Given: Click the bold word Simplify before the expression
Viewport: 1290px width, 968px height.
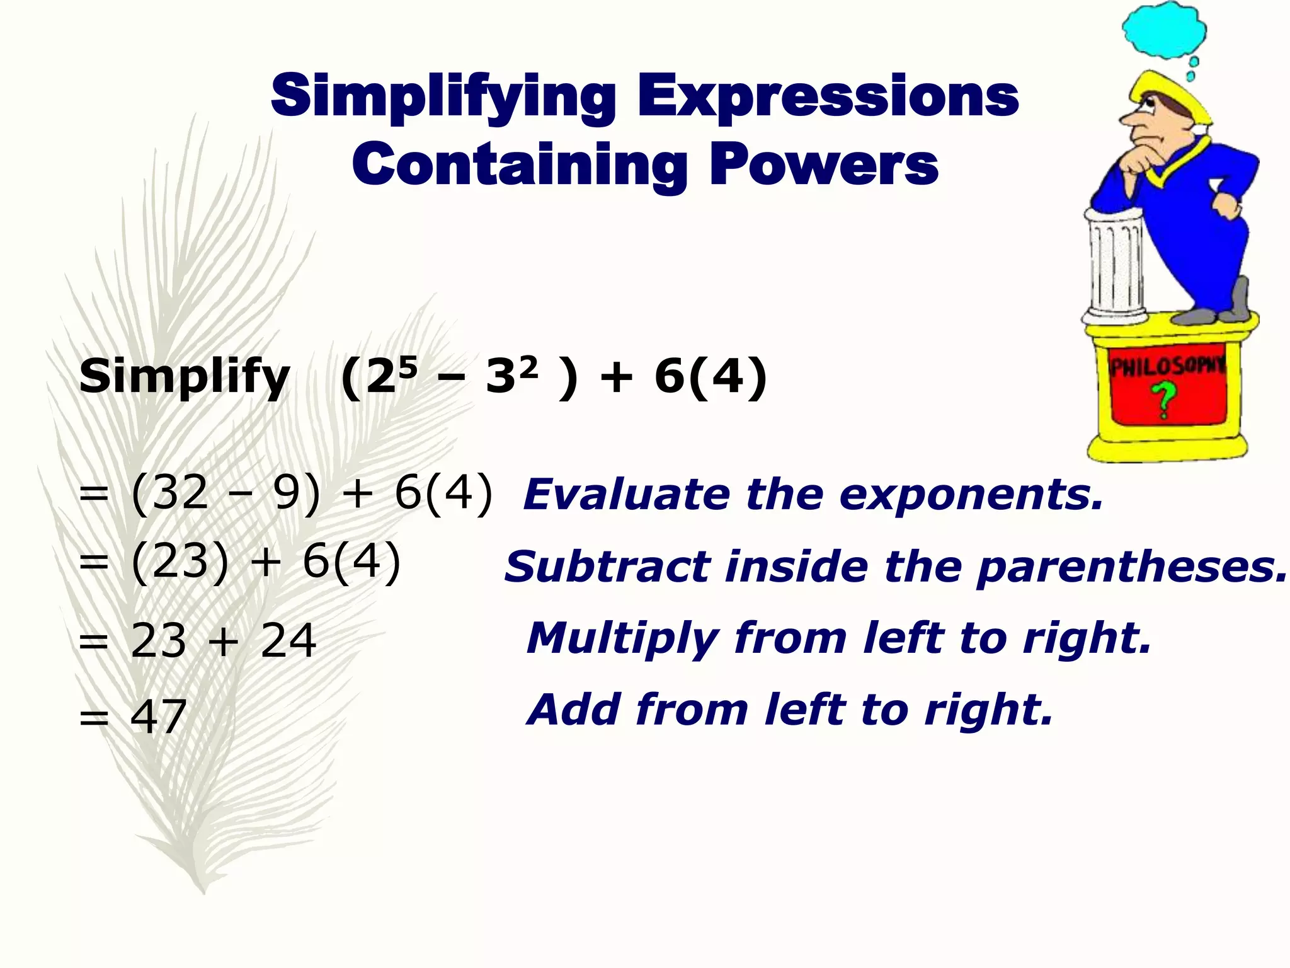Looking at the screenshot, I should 184,377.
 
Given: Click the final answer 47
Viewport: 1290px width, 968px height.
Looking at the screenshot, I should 158,717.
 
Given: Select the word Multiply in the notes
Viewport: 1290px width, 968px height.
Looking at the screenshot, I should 620,639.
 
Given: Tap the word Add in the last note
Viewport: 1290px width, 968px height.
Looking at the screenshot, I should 574,710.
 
